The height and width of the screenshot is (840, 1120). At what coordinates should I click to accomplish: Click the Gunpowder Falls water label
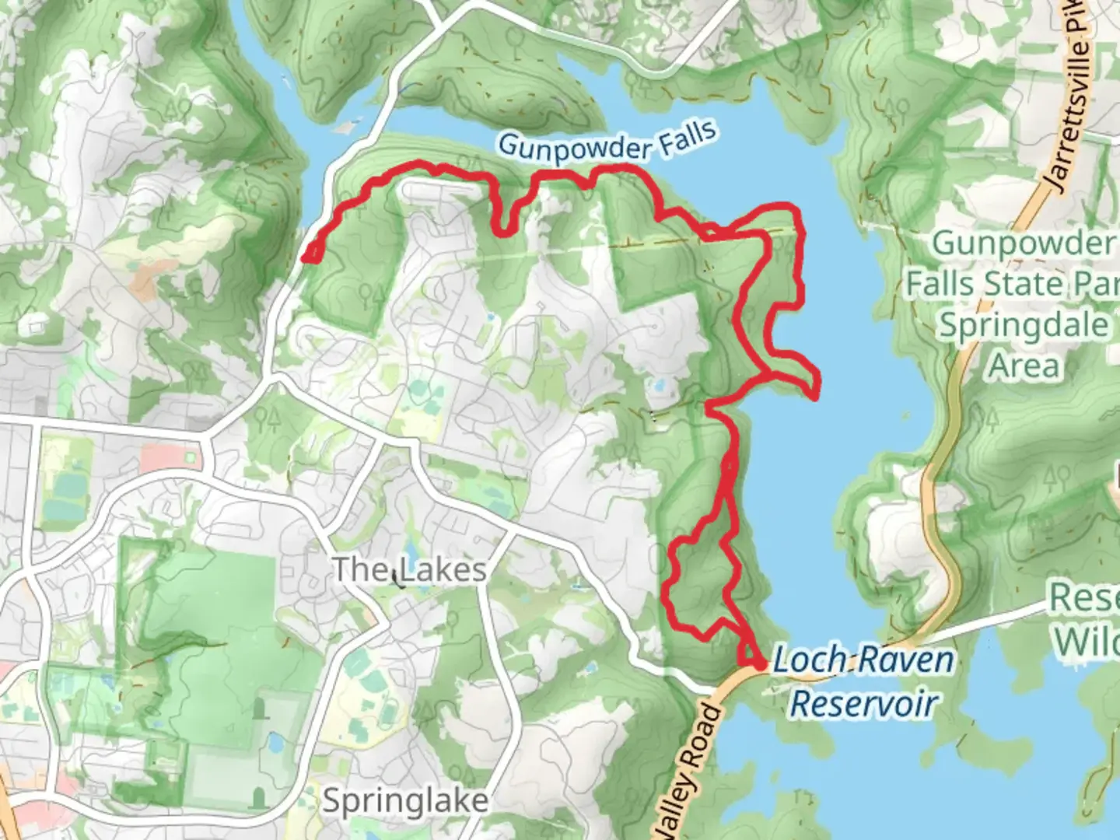click(607, 142)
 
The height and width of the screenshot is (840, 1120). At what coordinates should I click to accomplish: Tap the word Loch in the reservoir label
click(808, 660)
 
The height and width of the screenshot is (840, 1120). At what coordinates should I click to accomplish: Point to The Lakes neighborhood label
click(409, 569)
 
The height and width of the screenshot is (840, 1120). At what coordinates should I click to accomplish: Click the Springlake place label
click(405, 800)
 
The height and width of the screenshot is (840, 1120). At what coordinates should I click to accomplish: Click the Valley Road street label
click(689, 770)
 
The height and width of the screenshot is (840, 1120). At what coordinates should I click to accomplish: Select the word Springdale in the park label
click(1023, 325)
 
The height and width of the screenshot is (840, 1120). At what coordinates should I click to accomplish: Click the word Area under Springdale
click(1024, 366)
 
